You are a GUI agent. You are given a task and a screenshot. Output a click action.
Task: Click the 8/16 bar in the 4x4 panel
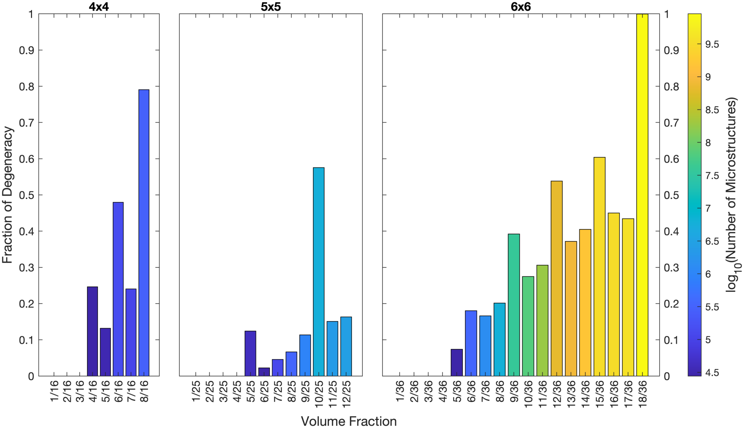point(144,232)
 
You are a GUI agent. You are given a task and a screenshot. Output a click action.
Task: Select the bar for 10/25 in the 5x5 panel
point(318,271)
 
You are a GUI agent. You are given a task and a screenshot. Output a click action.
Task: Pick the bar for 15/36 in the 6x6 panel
point(599,266)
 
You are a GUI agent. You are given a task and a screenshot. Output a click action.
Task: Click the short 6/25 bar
point(264,372)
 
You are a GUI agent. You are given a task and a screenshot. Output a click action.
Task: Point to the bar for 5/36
point(457,363)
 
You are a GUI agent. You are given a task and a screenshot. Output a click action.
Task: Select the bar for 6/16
point(118,289)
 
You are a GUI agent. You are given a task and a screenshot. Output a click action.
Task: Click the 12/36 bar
point(557,278)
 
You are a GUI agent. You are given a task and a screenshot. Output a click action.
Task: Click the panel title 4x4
point(99,7)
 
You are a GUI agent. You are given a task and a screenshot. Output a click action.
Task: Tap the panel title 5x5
point(271,7)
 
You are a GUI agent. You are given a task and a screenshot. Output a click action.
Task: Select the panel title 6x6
point(521,7)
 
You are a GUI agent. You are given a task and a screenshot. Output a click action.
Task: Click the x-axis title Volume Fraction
point(349,421)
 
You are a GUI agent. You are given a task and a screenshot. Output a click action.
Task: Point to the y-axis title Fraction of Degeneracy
point(7,195)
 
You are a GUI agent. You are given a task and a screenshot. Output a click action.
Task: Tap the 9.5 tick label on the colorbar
point(712,44)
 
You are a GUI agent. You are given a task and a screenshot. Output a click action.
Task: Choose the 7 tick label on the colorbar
point(708,208)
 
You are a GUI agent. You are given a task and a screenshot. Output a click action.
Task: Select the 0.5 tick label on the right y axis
point(671,195)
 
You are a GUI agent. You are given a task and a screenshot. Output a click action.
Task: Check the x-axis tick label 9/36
point(514,391)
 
